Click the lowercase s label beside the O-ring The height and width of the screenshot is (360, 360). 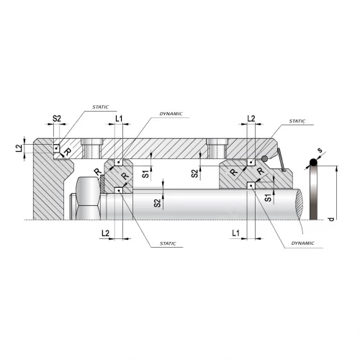(x=320, y=150)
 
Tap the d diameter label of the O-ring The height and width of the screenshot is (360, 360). (x=331, y=219)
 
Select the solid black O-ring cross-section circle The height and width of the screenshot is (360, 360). (x=313, y=163)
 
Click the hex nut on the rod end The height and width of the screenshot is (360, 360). (x=88, y=198)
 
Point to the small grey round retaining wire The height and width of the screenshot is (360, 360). (x=264, y=158)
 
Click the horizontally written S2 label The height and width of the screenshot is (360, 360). (x=57, y=118)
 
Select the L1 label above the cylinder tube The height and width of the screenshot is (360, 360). (x=119, y=118)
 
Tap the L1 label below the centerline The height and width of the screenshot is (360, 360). (x=235, y=233)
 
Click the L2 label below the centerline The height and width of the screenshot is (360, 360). (x=105, y=233)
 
